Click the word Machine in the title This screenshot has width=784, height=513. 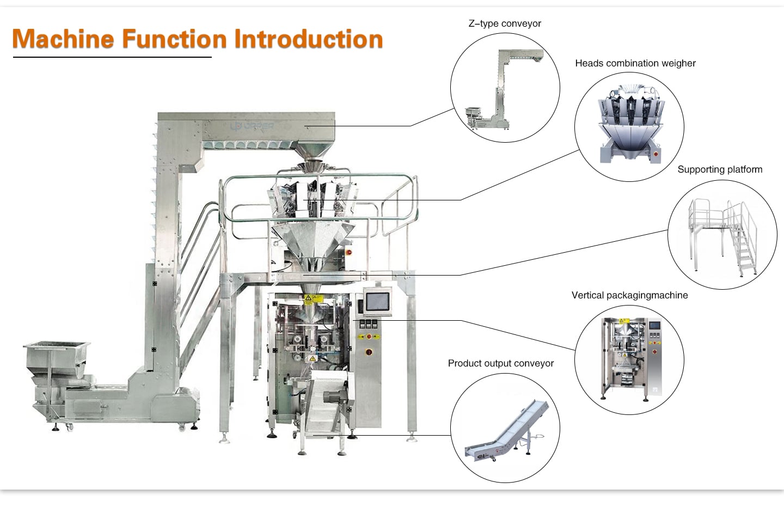click(x=63, y=39)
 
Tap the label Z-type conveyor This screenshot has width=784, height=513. click(x=505, y=23)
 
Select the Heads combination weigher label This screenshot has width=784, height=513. click(x=635, y=63)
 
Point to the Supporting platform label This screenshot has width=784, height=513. click(x=720, y=169)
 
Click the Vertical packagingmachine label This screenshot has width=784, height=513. click(x=629, y=295)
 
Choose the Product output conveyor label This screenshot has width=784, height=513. click(x=501, y=363)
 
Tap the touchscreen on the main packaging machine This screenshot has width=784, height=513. click(x=377, y=302)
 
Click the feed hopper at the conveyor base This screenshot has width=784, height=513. click(x=57, y=354)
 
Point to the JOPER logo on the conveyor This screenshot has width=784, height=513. click(x=252, y=126)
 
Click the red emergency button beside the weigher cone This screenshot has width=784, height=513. click(x=348, y=252)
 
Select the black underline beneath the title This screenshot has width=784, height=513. click(x=112, y=57)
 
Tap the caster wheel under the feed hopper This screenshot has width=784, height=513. click(x=70, y=426)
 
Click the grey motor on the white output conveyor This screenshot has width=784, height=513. click(x=334, y=397)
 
